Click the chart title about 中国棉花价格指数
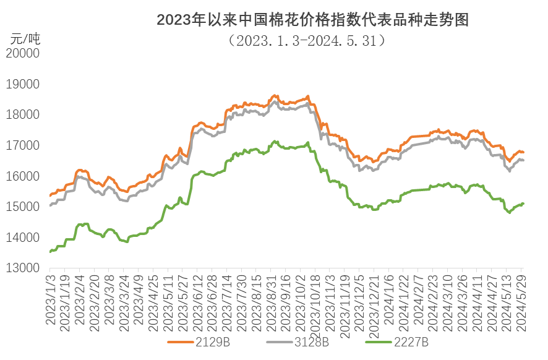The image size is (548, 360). click(312, 20)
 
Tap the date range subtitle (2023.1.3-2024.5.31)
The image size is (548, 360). click(307, 41)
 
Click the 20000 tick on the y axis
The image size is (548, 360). click(22, 54)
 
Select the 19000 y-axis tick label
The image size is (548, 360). click(22, 85)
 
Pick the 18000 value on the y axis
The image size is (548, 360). click(22, 115)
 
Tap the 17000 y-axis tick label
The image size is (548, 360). click(22, 146)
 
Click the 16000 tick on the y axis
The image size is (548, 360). click(22, 176)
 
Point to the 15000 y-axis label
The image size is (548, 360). click(22, 207)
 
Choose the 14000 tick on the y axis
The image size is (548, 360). click(22, 238)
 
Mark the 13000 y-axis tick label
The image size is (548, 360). click(22, 268)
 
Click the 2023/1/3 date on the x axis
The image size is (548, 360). click(50, 299)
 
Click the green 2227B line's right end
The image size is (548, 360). click(524, 203)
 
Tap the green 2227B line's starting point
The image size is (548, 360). click(50, 251)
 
